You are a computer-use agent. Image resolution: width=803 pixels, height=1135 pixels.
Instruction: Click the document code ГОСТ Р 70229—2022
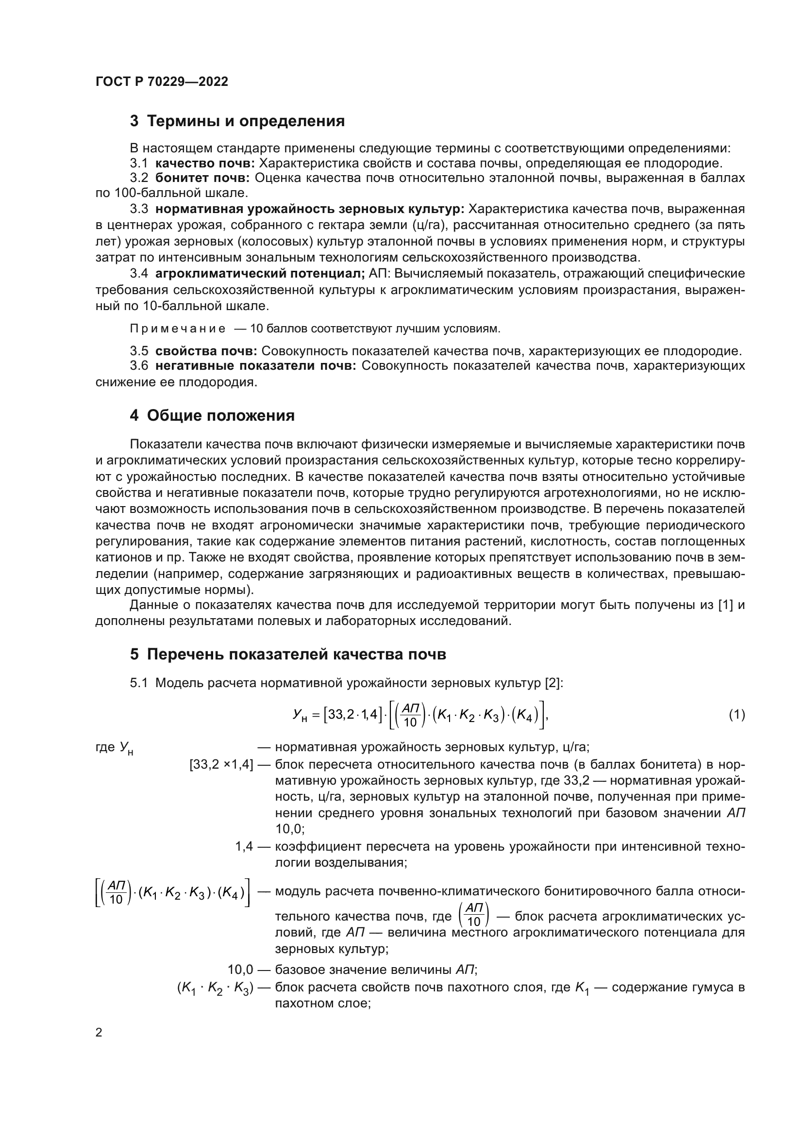[162, 82]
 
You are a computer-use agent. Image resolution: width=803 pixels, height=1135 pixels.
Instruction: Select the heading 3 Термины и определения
[237, 121]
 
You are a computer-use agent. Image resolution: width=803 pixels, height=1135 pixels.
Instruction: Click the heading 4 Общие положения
[212, 415]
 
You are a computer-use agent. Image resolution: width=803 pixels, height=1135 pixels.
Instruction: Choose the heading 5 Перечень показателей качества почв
[288, 654]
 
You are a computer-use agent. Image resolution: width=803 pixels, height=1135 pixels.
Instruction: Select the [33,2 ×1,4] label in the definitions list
[221, 765]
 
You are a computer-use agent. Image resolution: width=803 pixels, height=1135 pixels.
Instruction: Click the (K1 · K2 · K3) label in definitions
[215, 987]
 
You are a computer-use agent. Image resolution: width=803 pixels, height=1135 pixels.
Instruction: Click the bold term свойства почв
[206, 351]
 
